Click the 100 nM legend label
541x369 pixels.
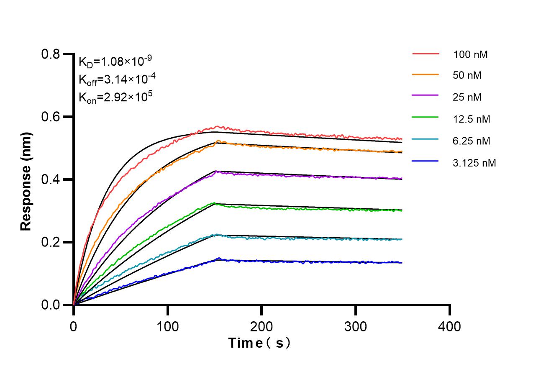coord(471,54)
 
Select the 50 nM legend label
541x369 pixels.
coord(467,76)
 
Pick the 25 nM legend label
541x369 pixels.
coord(467,97)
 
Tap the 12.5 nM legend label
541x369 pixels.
coord(472,119)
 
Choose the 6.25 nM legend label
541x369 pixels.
coord(472,141)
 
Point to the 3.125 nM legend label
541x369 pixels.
coord(474,163)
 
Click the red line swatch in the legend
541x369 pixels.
coord(426,54)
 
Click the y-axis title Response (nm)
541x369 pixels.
coord(26,182)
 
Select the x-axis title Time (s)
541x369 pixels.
coord(259,343)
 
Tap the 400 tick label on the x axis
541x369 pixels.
coord(450,326)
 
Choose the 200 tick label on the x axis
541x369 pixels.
coord(262,326)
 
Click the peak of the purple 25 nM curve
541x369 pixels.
coord(216,172)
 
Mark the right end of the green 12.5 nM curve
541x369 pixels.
coord(402,210)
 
